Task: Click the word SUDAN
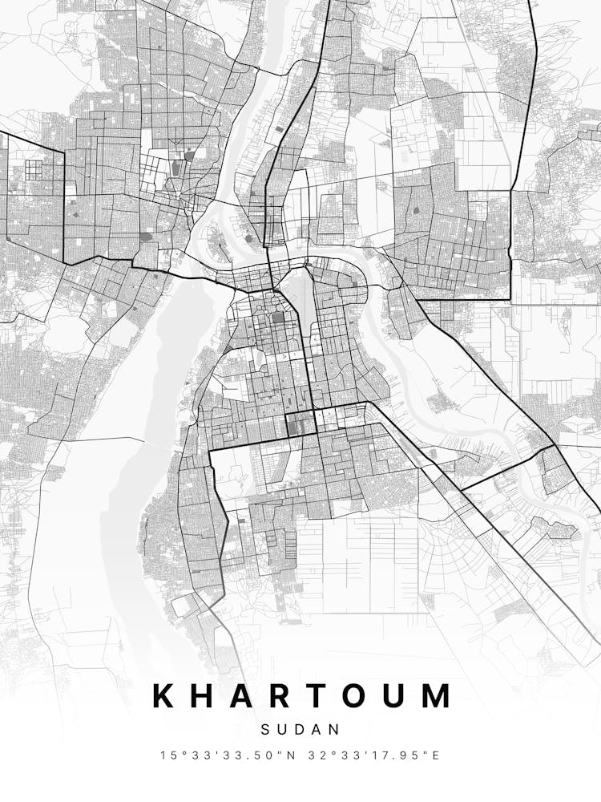pos(300,730)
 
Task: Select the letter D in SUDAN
pos(300,730)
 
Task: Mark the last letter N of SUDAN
pos(335,730)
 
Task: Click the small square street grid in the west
pos(34,170)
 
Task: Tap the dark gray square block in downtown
pos(278,318)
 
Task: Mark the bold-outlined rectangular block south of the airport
pos(301,424)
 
